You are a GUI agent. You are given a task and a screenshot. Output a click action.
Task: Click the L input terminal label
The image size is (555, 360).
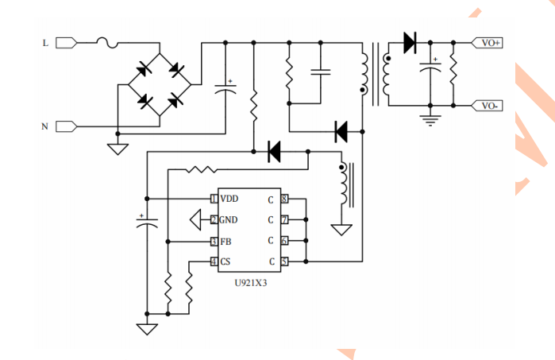[x=45, y=43]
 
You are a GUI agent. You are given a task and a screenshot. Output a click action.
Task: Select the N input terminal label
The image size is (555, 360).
[x=45, y=126]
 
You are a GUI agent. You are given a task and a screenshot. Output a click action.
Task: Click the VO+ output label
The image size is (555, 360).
[x=491, y=43]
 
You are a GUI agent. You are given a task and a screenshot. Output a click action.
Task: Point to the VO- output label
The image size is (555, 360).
[x=491, y=105]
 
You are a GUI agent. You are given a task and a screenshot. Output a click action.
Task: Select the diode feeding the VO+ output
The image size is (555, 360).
[x=410, y=42]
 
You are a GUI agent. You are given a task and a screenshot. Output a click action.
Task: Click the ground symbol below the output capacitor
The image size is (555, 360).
[x=431, y=120]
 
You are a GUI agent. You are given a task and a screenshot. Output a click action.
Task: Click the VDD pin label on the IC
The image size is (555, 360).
[x=229, y=199]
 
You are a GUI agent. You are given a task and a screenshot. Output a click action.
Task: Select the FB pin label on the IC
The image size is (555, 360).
[x=225, y=241]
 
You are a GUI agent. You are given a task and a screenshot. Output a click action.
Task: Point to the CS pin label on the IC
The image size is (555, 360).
[x=225, y=261]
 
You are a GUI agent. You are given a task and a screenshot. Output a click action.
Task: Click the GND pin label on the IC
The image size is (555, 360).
[x=229, y=220]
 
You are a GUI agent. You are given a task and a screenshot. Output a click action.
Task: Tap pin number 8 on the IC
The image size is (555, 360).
[x=284, y=199]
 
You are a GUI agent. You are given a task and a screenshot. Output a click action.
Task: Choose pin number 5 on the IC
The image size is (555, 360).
[x=284, y=261]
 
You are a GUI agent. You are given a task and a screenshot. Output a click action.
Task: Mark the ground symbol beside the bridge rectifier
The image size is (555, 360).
[x=117, y=147]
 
